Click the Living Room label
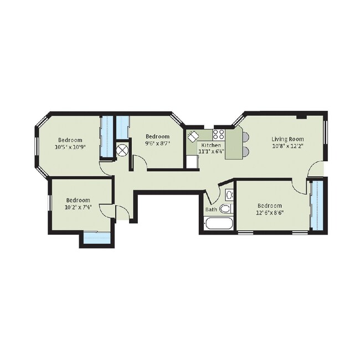[287, 139]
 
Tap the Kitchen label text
[211, 145]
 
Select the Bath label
[211, 209]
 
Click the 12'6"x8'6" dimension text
[270, 213]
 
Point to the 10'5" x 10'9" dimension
[70, 147]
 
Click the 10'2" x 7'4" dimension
[78, 207]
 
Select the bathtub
[218, 223]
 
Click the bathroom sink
[229, 195]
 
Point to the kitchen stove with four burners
[219, 135]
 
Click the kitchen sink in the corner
[193, 136]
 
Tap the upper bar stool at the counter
[246, 137]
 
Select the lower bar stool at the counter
[246, 151]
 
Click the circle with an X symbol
[122, 151]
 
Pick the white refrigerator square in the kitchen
[192, 162]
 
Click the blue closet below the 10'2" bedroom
[97, 238]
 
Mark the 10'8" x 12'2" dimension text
[287, 146]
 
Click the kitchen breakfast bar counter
[234, 144]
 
